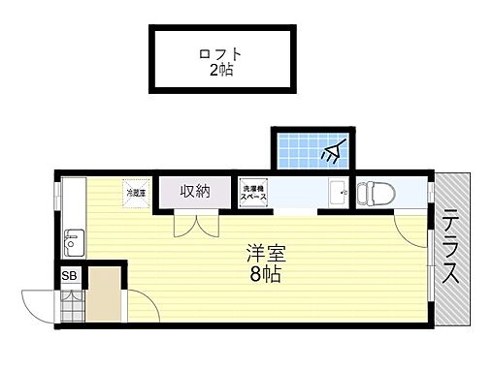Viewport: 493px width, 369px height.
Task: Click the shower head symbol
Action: tap(334, 150)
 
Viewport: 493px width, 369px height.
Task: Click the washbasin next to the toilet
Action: tap(337, 194)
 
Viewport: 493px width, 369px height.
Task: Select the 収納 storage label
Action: tap(195, 191)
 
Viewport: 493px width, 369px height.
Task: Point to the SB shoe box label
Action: tap(68, 276)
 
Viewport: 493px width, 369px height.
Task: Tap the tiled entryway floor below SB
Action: tap(71, 307)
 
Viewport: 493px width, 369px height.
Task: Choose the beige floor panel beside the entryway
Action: tap(105, 295)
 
